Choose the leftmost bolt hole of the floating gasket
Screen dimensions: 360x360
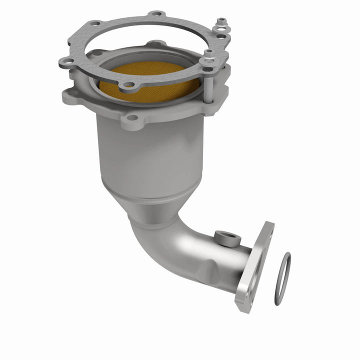pyautogui.click(x=63, y=62)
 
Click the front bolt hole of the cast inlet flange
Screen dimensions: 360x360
pyautogui.click(x=131, y=118)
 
